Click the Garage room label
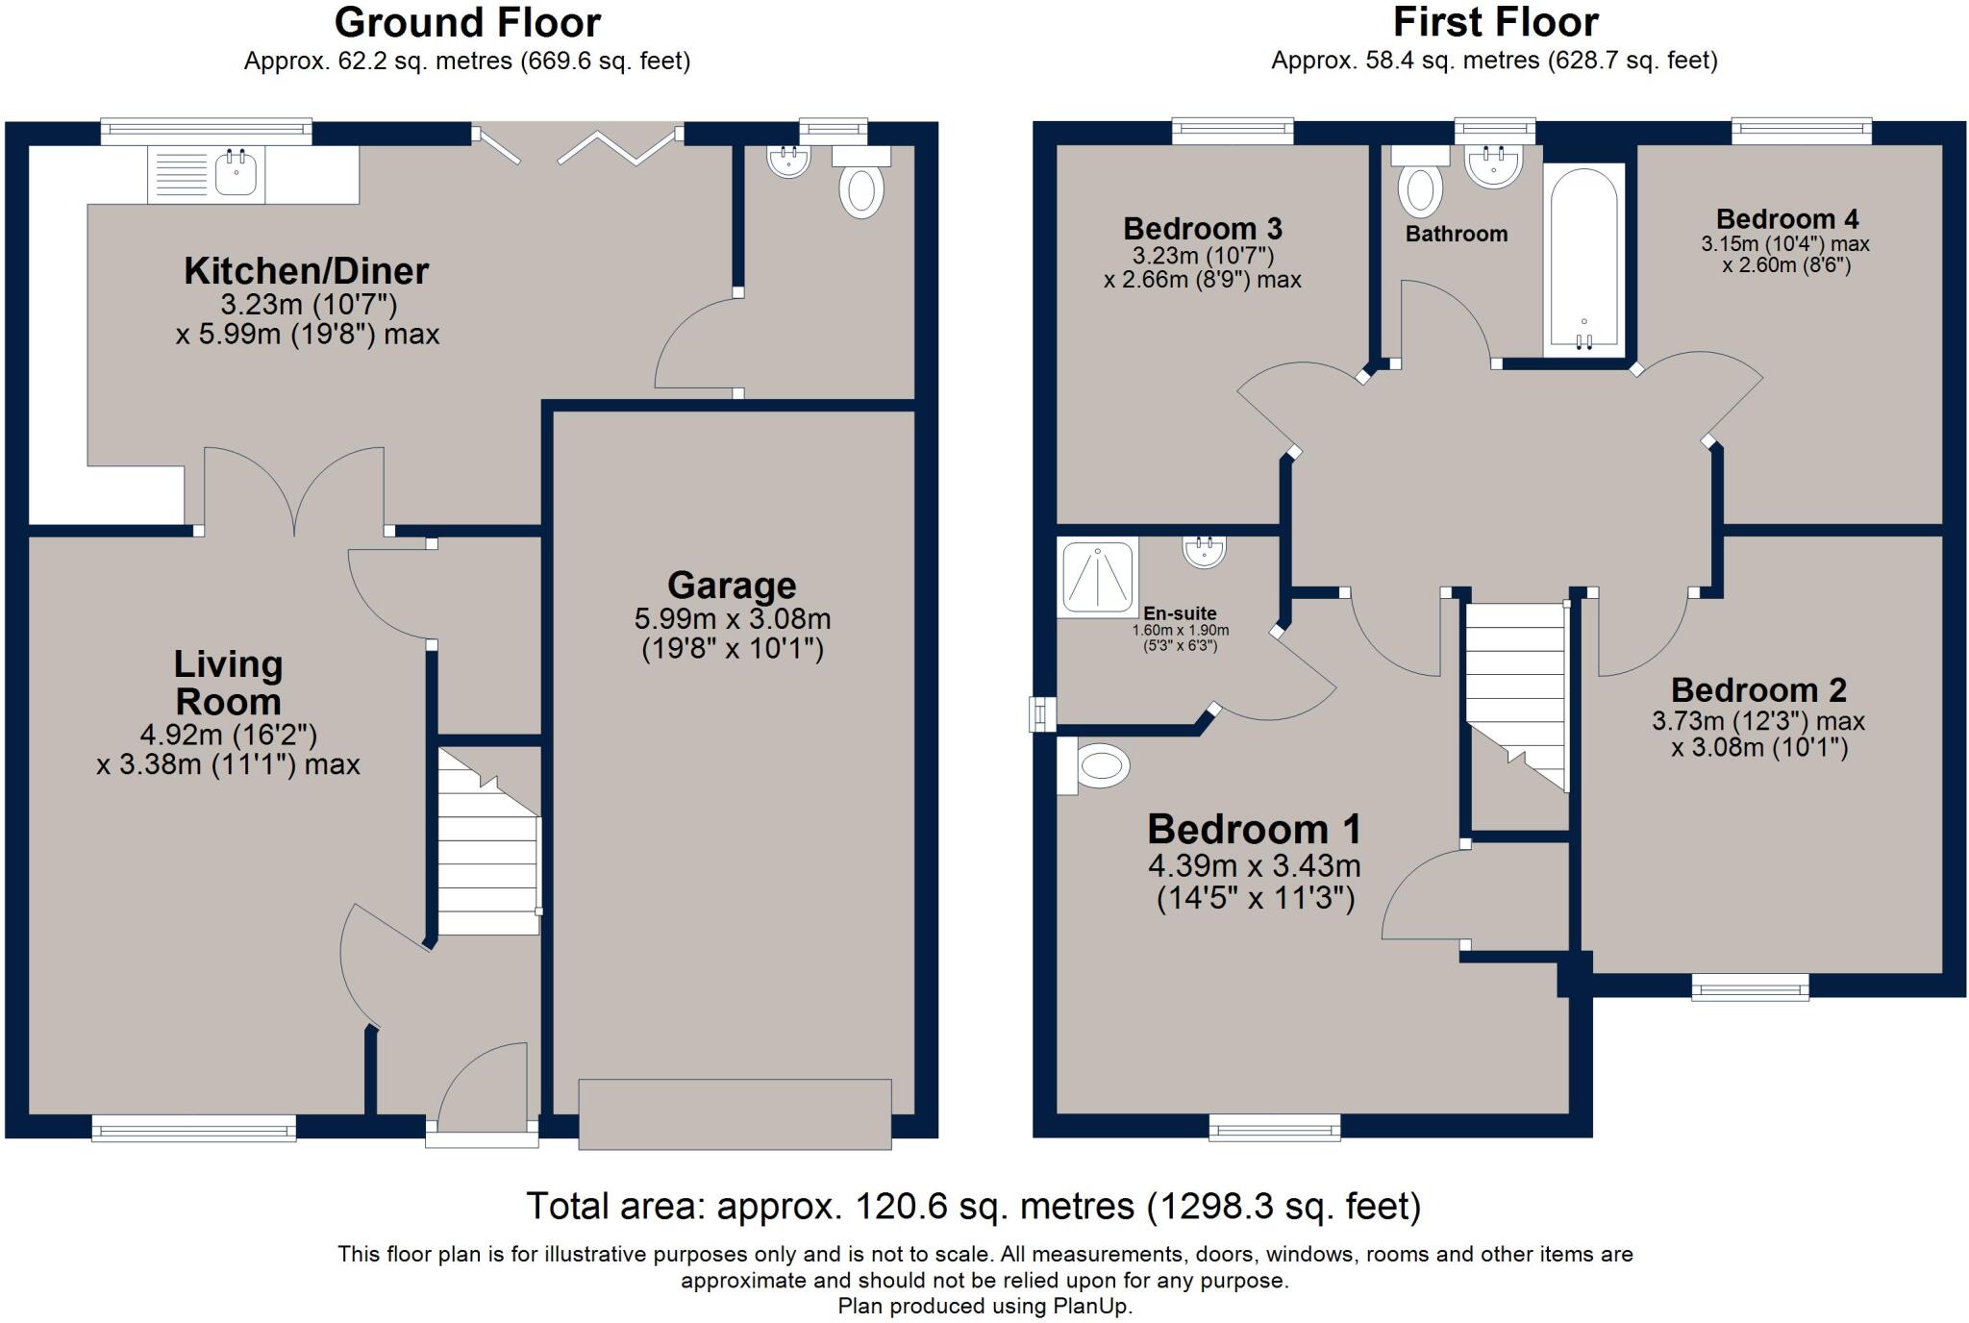tap(732, 585)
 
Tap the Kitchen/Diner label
tap(306, 271)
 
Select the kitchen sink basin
tap(236, 173)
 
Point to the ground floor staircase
tap(489, 841)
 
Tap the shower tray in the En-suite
tap(1098, 576)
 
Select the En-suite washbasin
tap(1204, 550)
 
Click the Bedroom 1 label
tap(1255, 829)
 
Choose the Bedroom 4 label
tap(1786, 219)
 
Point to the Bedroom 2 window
tap(1750, 987)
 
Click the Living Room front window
tap(194, 1128)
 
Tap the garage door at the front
tap(735, 1113)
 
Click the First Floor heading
tap(1495, 22)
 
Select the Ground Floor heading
tap(467, 22)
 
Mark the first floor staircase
tap(1516, 697)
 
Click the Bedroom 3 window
tap(1234, 131)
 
